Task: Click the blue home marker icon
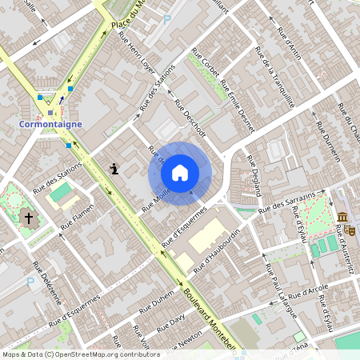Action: (x=180, y=173)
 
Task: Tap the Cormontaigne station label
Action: (x=51, y=125)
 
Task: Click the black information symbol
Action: (x=115, y=169)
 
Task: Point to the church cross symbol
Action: (x=29, y=218)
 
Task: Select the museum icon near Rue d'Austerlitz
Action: (x=342, y=218)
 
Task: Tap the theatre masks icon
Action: (x=351, y=230)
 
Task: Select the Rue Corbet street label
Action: (x=206, y=64)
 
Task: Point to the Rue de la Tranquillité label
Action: (x=275, y=77)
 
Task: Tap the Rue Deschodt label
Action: (x=190, y=118)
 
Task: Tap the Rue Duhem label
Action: (x=156, y=304)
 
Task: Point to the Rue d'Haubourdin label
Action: (x=216, y=250)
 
